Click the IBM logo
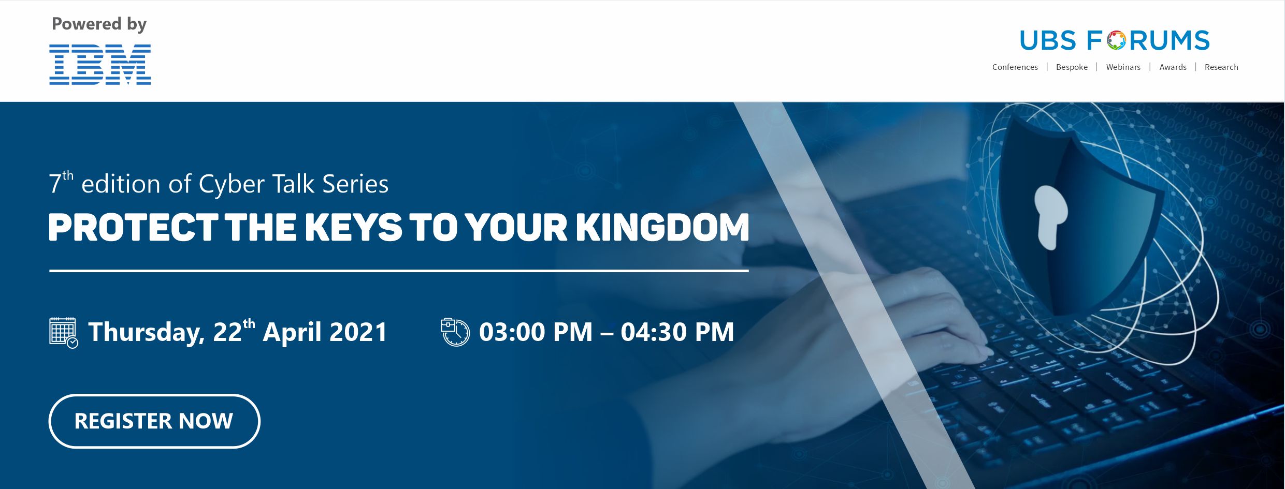point(100,64)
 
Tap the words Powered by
point(99,24)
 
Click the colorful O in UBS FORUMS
point(1117,40)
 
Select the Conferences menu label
point(1015,67)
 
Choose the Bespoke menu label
point(1072,67)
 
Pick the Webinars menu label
point(1123,67)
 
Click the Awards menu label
point(1173,67)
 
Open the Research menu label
point(1221,67)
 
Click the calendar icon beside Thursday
point(64,333)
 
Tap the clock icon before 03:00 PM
point(455,332)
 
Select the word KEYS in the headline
point(353,227)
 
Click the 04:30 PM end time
point(677,332)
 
